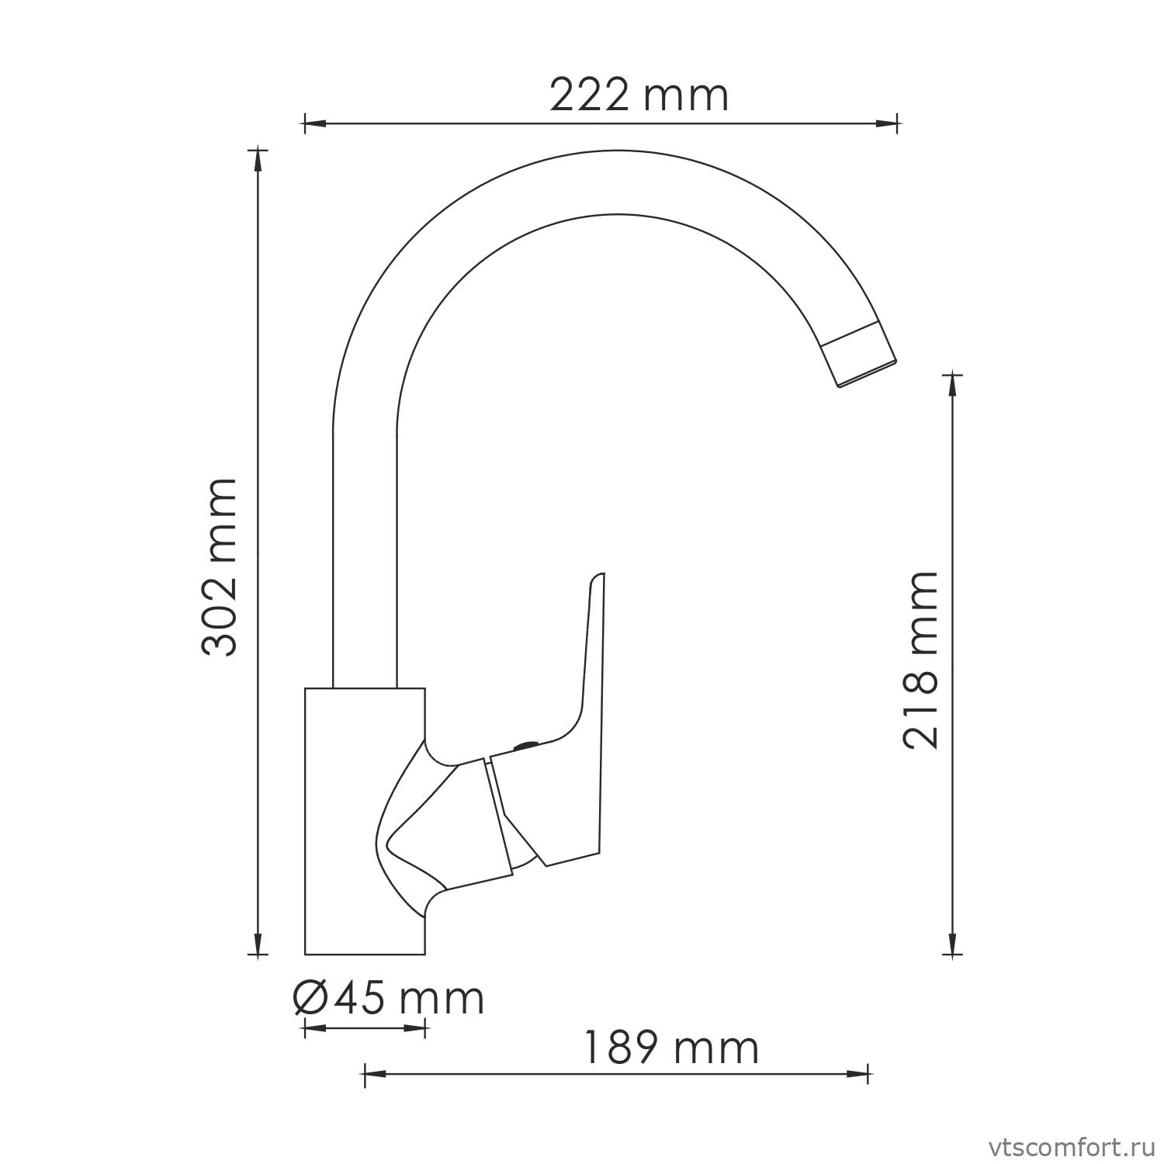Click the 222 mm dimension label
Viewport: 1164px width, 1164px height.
[x=639, y=96]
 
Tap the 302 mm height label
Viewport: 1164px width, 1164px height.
[x=219, y=567]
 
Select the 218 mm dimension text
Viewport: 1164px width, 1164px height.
[x=921, y=660]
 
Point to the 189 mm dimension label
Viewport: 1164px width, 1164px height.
[x=670, y=1048]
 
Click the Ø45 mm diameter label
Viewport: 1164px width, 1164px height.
[x=389, y=998]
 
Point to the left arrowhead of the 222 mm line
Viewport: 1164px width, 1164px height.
[x=312, y=123]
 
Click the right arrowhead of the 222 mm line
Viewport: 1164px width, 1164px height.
[x=889, y=123]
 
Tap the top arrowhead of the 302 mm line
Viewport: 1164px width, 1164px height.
[x=258, y=158]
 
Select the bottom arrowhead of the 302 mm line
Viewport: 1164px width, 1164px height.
[x=258, y=945]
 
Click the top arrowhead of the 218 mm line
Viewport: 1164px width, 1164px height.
[x=954, y=383]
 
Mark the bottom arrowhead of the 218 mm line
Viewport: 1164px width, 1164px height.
[x=954, y=945]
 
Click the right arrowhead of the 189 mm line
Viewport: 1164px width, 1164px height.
[x=860, y=1075]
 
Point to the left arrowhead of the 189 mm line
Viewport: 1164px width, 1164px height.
[x=373, y=1075]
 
